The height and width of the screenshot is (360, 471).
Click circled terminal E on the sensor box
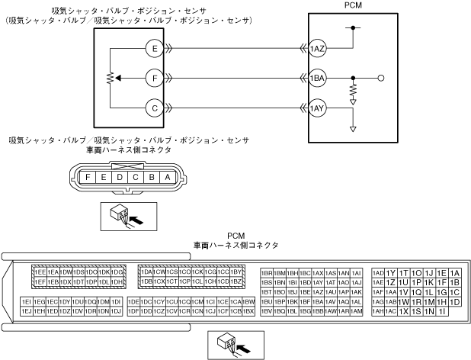(x=155, y=48)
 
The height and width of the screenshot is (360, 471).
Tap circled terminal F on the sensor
(x=155, y=78)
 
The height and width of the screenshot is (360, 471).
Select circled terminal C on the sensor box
(x=155, y=108)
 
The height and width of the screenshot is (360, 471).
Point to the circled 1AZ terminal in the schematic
(x=318, y=48)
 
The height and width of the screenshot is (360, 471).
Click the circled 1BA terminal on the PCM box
(x=318, y=78)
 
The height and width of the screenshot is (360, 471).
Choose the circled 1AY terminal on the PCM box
(x=318, y=108)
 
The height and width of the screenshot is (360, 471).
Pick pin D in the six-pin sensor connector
(x=120, y=177)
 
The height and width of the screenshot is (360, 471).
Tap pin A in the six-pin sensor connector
(x=168, y=177)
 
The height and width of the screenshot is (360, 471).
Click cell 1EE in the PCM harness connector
(x=40, y=272)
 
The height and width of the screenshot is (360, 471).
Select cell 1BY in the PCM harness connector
(x=236, y=272)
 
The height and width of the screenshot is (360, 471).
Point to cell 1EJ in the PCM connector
(x=27, y=311)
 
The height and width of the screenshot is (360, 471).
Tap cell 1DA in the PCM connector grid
(x=146, y=272)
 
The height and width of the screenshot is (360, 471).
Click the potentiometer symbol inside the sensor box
(x=110, y=78)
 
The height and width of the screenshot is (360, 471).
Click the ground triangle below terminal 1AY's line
(x=353, y=128)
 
